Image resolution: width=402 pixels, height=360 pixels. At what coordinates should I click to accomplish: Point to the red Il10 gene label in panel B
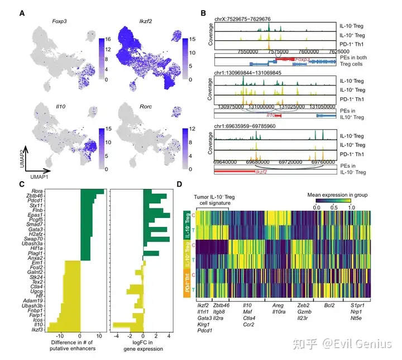pyautogui.click(x=271, y=115)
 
